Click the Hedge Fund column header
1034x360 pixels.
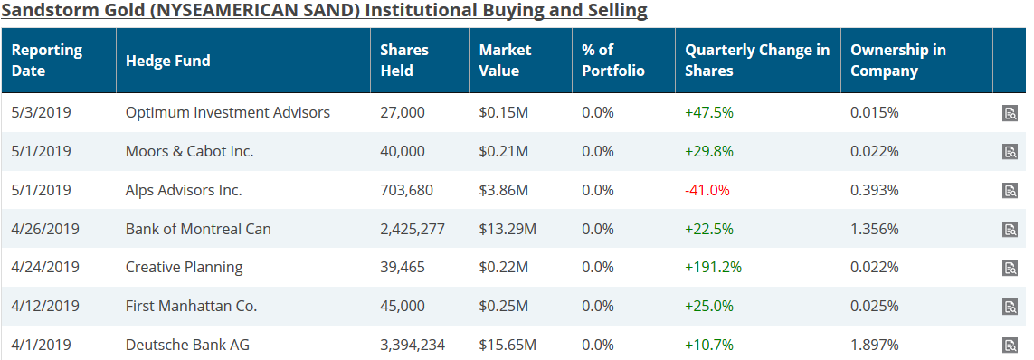167,61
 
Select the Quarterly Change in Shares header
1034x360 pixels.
757,61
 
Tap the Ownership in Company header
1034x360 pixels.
898,61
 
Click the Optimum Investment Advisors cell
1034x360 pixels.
227,113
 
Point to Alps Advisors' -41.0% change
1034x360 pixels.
707,191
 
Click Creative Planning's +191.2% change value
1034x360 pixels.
714,267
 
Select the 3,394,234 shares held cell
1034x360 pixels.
413,345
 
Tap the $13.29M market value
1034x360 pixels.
508,229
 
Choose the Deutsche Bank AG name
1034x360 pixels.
187,345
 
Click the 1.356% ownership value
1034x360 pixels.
875,229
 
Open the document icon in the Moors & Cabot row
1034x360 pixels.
1010,152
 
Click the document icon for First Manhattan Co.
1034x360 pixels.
1010,307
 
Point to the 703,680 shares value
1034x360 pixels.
406,191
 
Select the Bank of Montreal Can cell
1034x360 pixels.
198,229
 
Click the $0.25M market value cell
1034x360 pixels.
504,306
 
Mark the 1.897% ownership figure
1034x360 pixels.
875,345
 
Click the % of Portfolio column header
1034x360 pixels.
613,61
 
